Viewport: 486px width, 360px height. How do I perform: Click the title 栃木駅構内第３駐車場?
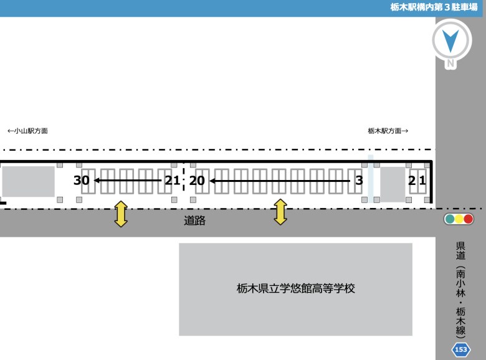click(434, 7)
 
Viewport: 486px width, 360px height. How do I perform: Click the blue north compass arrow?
click(450, 40)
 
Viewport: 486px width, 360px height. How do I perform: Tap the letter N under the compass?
click(450, 64)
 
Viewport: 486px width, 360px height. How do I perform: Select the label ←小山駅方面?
click(27, 131)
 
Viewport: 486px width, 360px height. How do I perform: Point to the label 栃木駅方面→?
click(388, 131)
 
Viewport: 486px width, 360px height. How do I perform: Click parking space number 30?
click(81, 180)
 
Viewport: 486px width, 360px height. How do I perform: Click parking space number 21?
click(173, 180)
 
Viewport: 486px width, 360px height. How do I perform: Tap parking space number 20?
click(197, 181)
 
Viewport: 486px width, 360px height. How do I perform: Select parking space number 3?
click(359, 180)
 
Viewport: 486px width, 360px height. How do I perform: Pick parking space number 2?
click(412, 180)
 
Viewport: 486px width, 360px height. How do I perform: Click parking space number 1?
click(422, 180)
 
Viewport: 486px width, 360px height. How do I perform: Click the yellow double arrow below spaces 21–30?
click(121, 214)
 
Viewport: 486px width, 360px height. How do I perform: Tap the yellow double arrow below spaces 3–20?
click(280, 212)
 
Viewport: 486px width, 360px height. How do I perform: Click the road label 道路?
click(194, 220)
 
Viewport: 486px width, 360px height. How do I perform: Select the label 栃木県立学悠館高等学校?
click(296, 288)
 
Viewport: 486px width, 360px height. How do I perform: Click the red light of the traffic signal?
click(468, 219)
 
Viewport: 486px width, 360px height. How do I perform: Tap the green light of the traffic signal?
click(449, 219)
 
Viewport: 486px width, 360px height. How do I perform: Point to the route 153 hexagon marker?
click(461, 349)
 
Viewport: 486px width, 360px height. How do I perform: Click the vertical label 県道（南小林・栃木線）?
click(460, 290)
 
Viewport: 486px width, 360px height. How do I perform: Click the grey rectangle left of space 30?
click(29, 181)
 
